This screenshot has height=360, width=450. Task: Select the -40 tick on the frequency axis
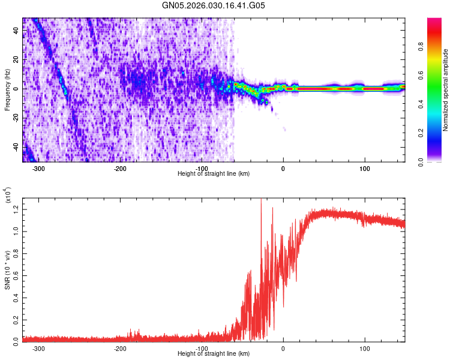16,146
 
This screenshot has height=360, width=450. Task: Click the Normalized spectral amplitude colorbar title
445,90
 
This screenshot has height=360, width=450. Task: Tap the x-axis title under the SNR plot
214,353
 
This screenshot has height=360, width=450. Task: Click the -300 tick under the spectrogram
38,169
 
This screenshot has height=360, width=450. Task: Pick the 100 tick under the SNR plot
364,348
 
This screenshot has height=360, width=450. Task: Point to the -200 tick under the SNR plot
120,348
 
